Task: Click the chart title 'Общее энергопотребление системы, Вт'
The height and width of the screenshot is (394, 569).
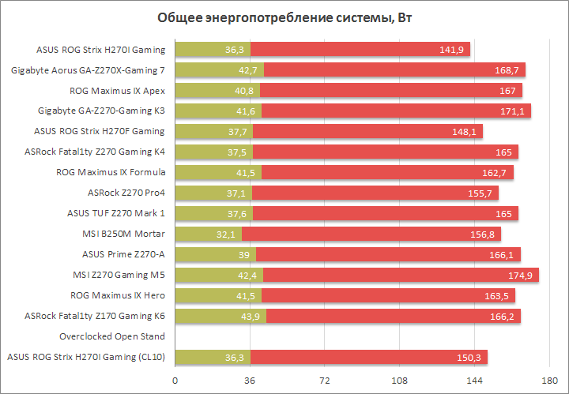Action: coord(284,18)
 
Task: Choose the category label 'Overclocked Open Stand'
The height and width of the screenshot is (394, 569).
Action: coord(112,336)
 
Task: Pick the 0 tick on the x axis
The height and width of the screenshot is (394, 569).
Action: coord(175,381)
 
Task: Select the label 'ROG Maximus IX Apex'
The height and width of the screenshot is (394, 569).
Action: coord(117,90)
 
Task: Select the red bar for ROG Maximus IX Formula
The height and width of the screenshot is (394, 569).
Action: coord(387,172)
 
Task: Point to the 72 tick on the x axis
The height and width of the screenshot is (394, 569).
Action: coord(324,381)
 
